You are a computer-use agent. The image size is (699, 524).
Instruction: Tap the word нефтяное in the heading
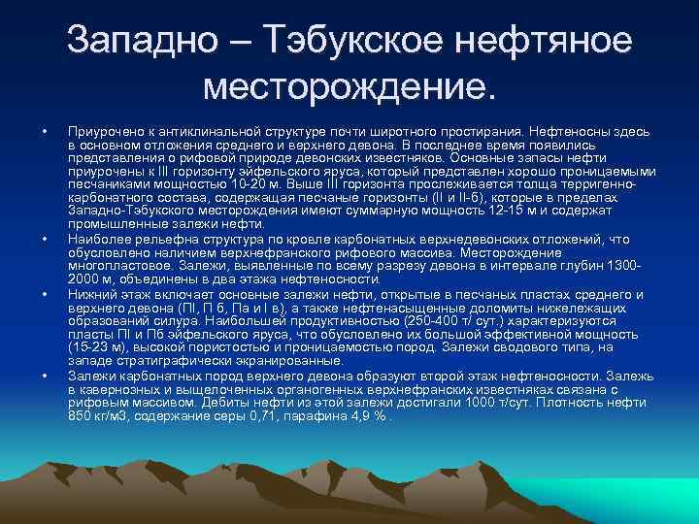[547, 41]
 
